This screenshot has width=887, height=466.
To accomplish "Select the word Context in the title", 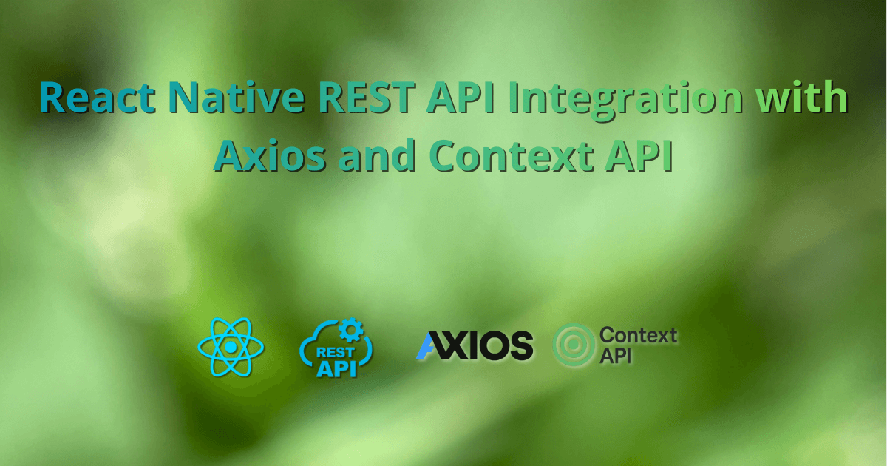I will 518,156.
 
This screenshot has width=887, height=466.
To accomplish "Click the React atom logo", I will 231,346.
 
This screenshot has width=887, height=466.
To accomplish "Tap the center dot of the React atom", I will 231,346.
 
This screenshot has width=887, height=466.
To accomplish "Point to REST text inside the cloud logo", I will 335,352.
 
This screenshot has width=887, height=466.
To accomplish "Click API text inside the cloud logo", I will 336,368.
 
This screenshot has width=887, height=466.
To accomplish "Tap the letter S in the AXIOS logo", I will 520,345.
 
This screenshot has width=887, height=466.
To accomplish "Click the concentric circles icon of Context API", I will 574,345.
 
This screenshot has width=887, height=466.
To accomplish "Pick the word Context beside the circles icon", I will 638,335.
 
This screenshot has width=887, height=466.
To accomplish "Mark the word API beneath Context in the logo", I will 614,356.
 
